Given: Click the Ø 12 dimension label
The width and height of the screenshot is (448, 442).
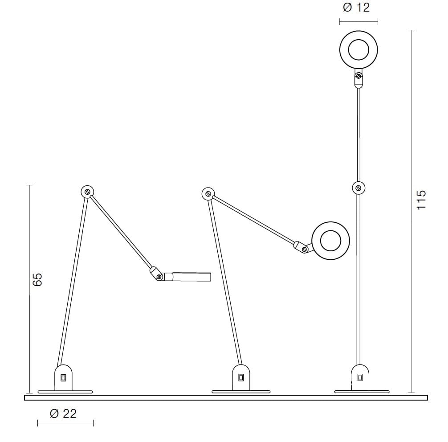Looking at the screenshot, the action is pos(356,7).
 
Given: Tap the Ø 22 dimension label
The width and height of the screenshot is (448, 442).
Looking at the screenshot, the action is pos(63,413).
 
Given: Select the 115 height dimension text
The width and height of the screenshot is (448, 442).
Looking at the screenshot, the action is pos(421,200).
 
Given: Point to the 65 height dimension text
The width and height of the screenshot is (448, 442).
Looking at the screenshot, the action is pos(37,280).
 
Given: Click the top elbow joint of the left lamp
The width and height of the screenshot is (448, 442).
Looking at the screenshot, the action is pos(87,192).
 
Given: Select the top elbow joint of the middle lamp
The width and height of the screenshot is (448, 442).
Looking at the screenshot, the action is pos(208,194).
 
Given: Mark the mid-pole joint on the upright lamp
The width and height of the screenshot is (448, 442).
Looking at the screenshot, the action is pos(358,188).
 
